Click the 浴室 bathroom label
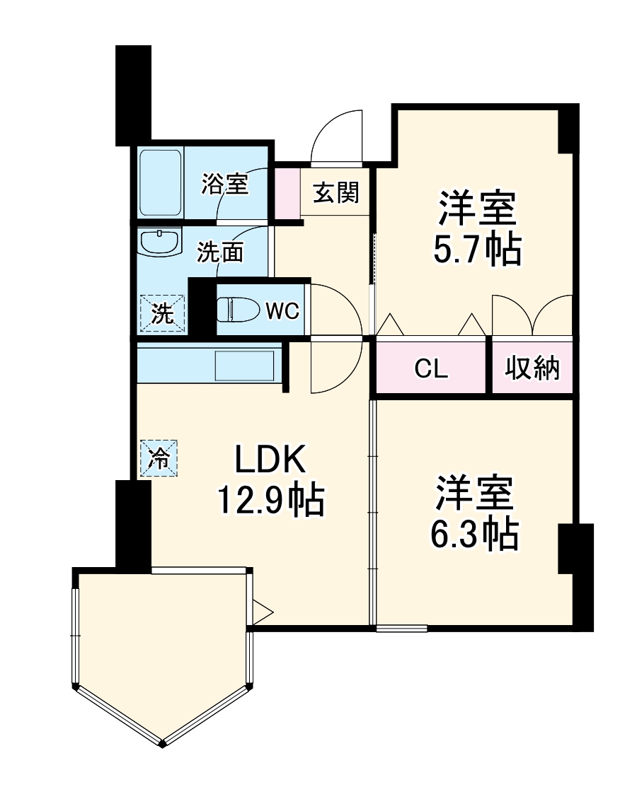click(224, 185)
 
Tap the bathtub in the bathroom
click(161, 183)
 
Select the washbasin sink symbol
click(160, 243)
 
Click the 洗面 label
click(220, 252)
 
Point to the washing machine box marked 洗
click(163, 313)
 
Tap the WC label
click(282, 311)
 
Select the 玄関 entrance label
click(335, 192)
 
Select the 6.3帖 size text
click(474, 535)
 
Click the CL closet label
click(431, 368)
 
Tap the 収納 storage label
click(532, 368)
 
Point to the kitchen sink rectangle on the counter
click(244, 367)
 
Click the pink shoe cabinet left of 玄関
click(287, 191)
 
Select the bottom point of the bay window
click(163, 742)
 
